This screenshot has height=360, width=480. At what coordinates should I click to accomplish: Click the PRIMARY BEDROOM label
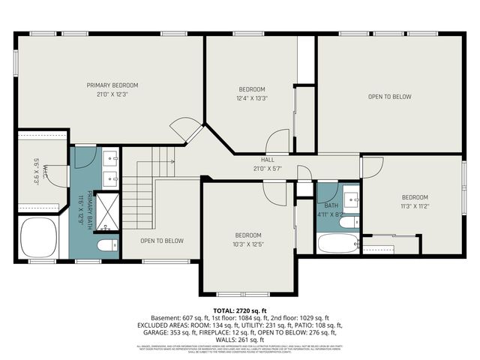(x=112, y=85)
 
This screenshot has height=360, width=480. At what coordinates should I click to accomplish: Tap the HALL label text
(x=267, y=160)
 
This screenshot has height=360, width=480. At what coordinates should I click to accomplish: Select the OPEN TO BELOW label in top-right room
(x=389, y=96)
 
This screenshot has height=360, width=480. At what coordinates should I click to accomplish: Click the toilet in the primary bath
(x=106, y=244)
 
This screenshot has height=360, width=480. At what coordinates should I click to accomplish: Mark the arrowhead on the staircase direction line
(x=173, y=161)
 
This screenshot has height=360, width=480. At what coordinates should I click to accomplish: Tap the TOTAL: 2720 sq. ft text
(x=239, y=309)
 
